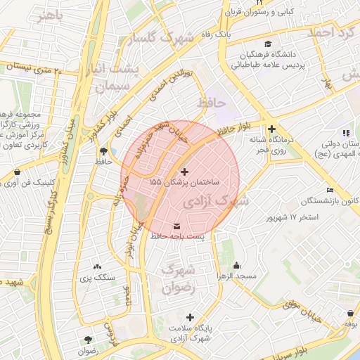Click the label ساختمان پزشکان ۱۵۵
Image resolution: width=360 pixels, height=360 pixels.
[x=185, y=182]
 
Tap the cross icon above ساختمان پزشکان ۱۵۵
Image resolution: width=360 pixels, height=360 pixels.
[x=185, y=172]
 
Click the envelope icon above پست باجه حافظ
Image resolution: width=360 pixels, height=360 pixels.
[x=176, y=226]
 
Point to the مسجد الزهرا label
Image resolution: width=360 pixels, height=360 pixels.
[x=236, y=276]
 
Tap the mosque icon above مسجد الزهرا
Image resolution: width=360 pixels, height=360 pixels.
[x=236, y=265]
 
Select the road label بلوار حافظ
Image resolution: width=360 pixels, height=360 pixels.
[x=234, y=128]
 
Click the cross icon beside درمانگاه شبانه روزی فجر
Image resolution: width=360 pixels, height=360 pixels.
[x=271, y=129]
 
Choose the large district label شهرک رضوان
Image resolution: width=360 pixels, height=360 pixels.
[x=176, y=278]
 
